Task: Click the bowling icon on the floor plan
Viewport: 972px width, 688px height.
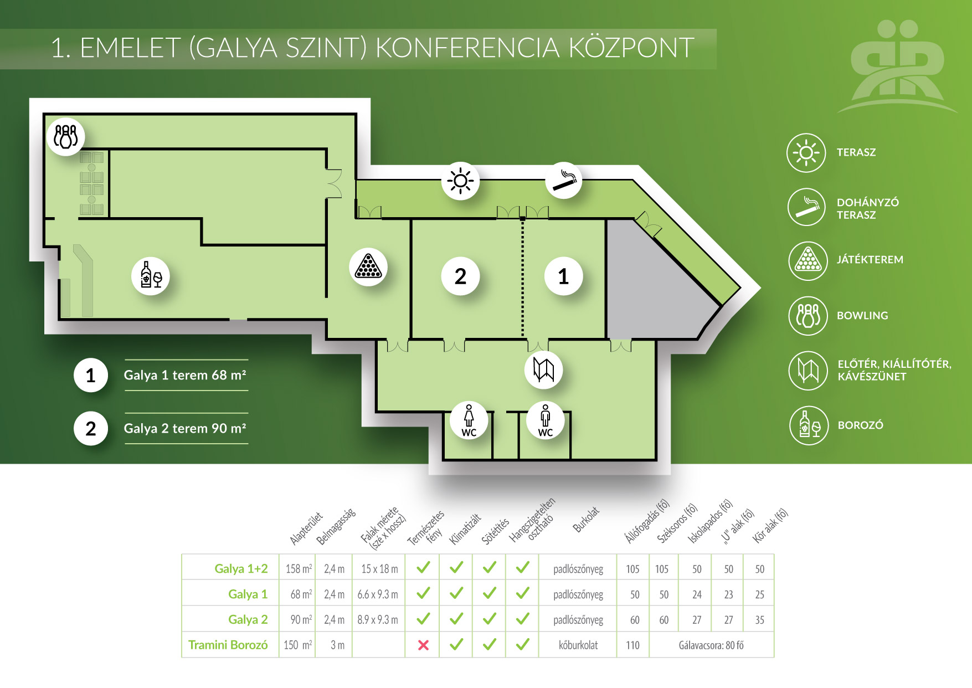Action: pos(66,136)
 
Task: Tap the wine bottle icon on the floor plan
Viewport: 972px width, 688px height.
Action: pos(151,275)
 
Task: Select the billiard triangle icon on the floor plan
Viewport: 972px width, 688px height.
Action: pos(368,266)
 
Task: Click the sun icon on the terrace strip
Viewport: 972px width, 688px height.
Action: pos(460,181)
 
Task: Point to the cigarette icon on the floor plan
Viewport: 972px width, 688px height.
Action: pos(564,180)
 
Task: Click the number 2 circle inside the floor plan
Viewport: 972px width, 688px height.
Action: pos(460,276)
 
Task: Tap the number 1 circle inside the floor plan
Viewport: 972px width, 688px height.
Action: pos(563,276)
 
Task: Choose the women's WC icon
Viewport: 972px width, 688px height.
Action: pos(469,420)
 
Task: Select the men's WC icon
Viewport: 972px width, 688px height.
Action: pos(546,420)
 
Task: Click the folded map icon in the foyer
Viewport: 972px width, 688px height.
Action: pos(544,369)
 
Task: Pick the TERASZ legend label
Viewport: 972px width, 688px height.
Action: pos(856,152)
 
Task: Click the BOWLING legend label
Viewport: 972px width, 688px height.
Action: pos(862,316)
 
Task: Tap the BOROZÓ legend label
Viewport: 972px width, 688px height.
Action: pos(861,425)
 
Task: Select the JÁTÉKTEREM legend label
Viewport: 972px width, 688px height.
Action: pos(870,259)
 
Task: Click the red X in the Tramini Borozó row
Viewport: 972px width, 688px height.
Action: pos(423,645)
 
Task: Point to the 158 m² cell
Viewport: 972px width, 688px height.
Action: pos(299,569)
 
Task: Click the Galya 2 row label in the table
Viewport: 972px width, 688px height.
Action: pos(248,619)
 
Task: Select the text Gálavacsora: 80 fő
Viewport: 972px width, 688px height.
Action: pos(711,645)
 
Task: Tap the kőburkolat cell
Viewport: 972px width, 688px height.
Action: pos(578,645)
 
